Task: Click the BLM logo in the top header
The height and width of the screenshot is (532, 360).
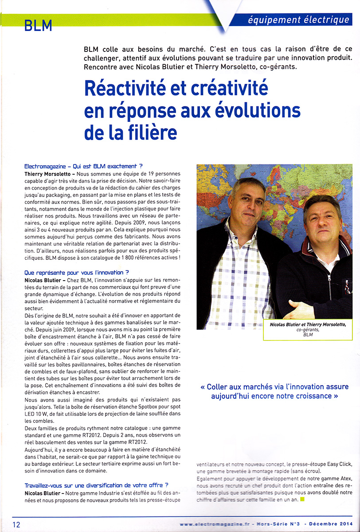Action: point(38,25)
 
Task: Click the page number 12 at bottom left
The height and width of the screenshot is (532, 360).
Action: point(16,524)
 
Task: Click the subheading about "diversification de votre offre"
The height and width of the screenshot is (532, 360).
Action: point(96,485)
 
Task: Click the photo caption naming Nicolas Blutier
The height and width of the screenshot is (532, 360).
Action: point(308,325)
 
